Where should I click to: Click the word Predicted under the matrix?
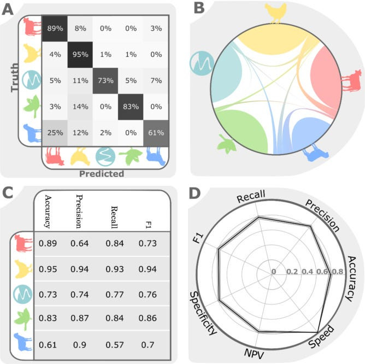click(102, 174)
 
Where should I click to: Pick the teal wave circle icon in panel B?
click(201, 62)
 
